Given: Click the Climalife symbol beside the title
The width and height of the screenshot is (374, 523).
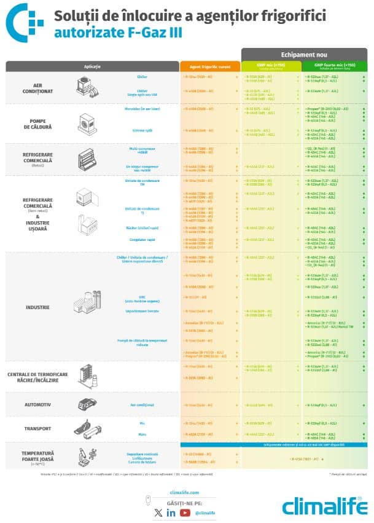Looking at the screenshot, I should click(x=25, y=21).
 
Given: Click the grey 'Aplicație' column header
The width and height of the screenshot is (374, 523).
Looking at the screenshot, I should click(x=92, y=66).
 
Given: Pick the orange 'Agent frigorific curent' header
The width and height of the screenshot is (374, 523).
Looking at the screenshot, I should click(x=209, y=66).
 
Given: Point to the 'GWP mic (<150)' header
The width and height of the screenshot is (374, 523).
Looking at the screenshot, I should click(x=271, y=65).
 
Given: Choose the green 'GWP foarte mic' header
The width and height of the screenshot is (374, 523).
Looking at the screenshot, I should click(x=335, y=65).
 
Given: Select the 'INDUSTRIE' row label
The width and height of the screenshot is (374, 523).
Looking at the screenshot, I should click(x=37, y=307).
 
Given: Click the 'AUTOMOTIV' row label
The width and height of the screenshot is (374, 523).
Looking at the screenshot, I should click(x=37, y=405).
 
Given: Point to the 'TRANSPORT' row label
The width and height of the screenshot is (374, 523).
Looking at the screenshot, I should click(x=37, y=428).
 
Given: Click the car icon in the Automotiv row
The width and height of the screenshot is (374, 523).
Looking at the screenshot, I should click(x=87, y=404).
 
